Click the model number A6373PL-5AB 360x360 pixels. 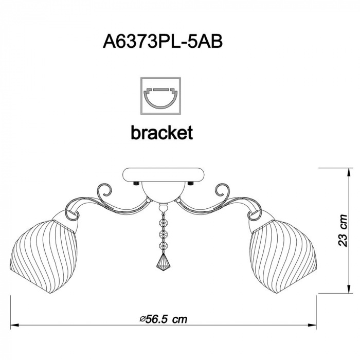(163, 42)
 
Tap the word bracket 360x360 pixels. (162, 133)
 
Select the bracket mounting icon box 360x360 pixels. (160, 96)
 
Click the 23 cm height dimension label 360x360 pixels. (342, 230)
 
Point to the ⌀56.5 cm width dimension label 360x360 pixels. (164, 319)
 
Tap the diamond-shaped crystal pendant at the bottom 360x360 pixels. (163, 262)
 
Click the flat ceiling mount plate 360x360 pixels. (163, 174)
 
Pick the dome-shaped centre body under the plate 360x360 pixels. (163, 192)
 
